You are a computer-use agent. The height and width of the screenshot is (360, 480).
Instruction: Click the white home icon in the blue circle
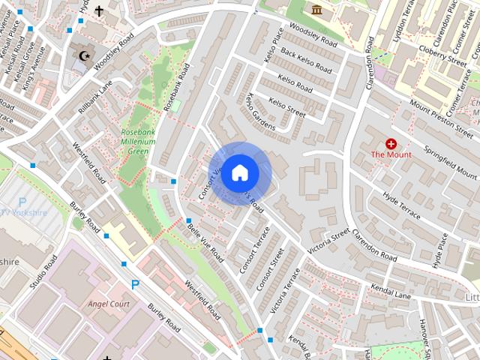239,172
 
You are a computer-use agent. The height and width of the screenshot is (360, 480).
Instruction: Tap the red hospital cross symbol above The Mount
391,143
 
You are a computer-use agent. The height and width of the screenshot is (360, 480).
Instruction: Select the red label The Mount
391,155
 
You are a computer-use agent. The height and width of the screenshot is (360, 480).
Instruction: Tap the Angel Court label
109,304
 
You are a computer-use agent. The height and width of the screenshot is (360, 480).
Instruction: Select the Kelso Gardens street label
260,112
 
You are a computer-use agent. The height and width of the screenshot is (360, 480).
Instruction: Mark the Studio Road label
43,274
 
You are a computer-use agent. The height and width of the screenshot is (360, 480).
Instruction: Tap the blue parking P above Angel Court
135,284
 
